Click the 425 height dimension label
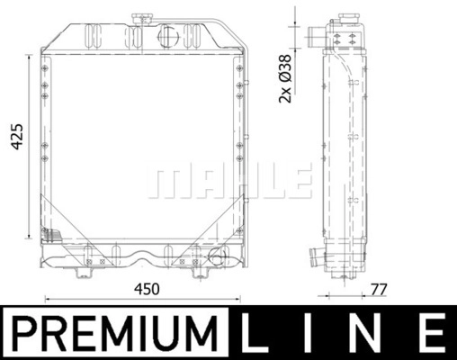(x=17, y=136)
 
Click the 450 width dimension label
(x=147, y=289)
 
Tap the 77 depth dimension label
(x=380, y=290)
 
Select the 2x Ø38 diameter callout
(x=285, y=78)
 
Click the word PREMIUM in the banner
(x=115, y=333)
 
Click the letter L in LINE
(x=255, y=333)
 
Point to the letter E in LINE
(x=432, y=333)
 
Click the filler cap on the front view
(x=141, y=20)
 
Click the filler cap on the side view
(x=349, y=19)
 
